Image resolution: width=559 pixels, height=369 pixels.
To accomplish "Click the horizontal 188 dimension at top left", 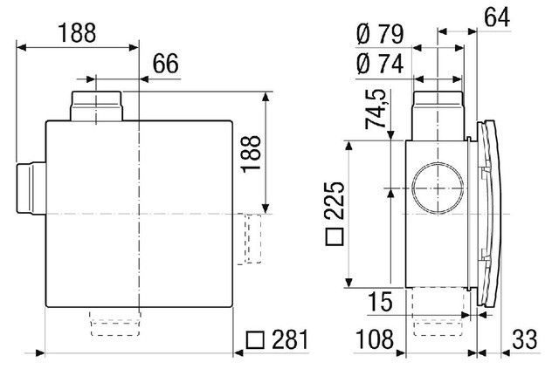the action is [77, 33].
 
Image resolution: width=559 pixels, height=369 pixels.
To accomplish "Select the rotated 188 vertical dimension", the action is [251, 154].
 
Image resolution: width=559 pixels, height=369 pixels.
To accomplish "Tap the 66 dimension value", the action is [166, 64].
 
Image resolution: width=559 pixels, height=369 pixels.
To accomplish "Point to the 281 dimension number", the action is [290, 339].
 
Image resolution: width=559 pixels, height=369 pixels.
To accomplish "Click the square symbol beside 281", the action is [255, 340].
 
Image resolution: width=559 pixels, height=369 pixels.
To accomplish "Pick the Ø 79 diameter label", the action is [380, 34].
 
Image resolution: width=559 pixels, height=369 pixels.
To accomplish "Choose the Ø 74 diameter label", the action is [380, 64].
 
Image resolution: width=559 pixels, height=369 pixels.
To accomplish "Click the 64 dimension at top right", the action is [497, 17].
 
